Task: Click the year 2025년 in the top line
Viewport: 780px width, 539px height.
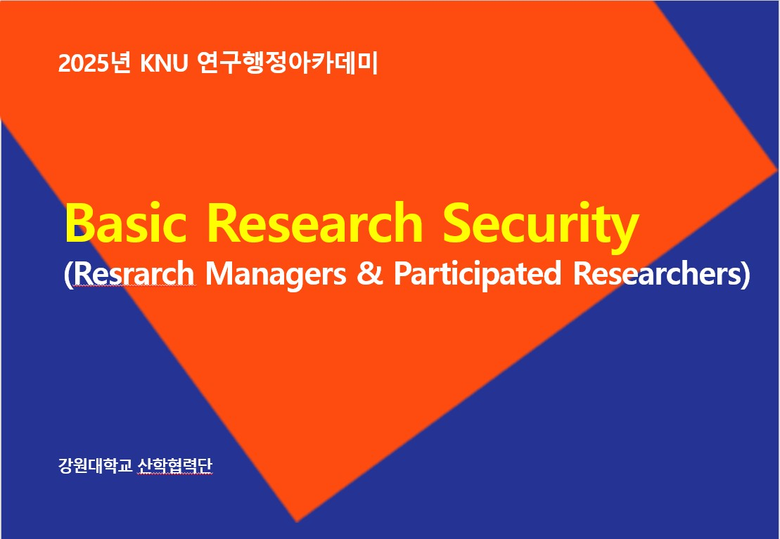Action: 94,63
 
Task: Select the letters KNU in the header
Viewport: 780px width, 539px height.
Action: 164,64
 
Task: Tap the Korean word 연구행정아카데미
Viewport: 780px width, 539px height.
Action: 288,63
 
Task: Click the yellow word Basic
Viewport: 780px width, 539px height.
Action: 126,222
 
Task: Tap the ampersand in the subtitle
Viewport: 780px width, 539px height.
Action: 370,274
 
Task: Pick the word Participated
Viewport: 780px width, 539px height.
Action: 477,275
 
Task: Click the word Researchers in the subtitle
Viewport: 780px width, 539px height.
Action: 657,273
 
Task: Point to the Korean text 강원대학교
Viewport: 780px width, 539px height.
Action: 95,466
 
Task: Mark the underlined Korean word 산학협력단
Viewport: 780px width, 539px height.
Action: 174,466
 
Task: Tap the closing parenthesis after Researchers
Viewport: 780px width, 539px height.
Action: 745,275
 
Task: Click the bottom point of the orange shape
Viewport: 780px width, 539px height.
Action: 297,521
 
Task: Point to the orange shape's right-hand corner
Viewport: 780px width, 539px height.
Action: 777,171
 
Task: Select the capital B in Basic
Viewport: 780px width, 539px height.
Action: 79,223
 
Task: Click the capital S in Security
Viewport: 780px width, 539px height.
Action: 457,223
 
